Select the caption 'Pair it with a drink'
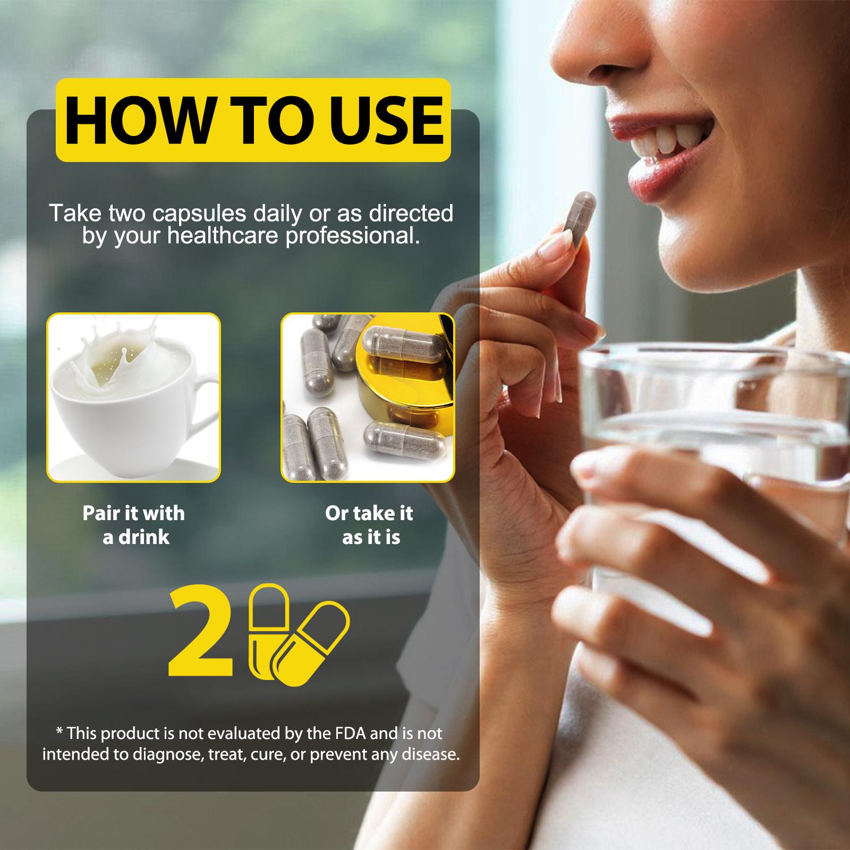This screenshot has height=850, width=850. click(134, 525)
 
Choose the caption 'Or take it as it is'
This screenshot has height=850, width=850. click(369, 525)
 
